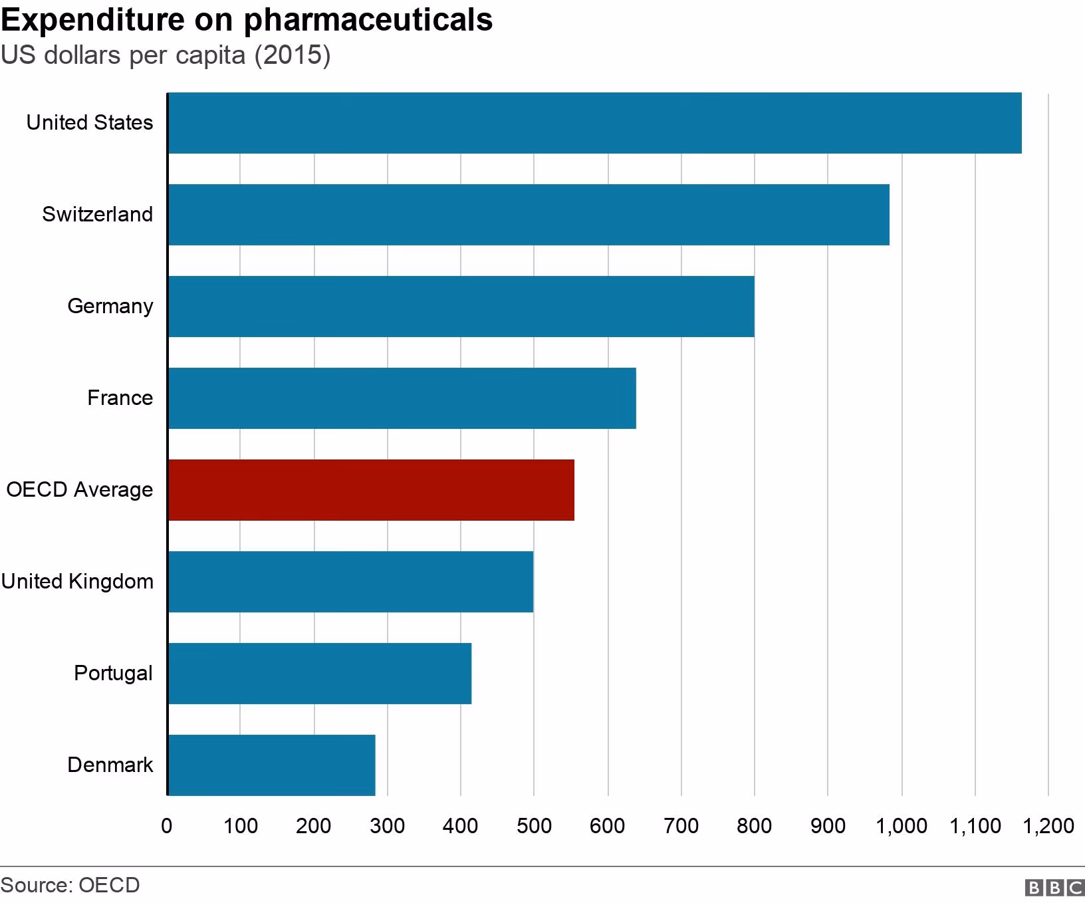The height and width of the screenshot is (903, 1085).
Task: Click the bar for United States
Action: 594,123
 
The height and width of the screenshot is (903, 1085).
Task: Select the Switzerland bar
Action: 529,215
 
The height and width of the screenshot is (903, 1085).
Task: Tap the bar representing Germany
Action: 461,307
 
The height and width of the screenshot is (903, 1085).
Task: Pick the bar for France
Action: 402,398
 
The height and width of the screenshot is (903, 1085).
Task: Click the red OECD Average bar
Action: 371,490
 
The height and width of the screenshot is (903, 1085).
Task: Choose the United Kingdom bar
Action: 350,582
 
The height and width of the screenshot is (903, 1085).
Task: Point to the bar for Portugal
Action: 320,674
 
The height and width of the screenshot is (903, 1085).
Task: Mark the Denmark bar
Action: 271,765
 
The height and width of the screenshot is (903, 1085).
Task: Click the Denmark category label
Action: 110,765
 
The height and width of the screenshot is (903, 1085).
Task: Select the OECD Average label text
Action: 79,490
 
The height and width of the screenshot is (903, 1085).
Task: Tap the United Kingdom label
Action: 77,582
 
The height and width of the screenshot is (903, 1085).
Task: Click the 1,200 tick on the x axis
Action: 1048,827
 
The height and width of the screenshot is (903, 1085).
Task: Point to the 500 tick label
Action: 534,827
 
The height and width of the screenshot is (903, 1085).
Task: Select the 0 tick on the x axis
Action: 167,827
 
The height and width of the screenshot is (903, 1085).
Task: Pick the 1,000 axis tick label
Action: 901,827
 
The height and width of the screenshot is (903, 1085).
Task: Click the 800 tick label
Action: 754,827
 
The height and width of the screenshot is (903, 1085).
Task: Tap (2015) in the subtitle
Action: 292,55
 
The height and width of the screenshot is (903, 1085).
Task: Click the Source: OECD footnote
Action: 70,886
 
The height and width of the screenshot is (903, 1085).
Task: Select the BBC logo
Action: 1054,888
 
